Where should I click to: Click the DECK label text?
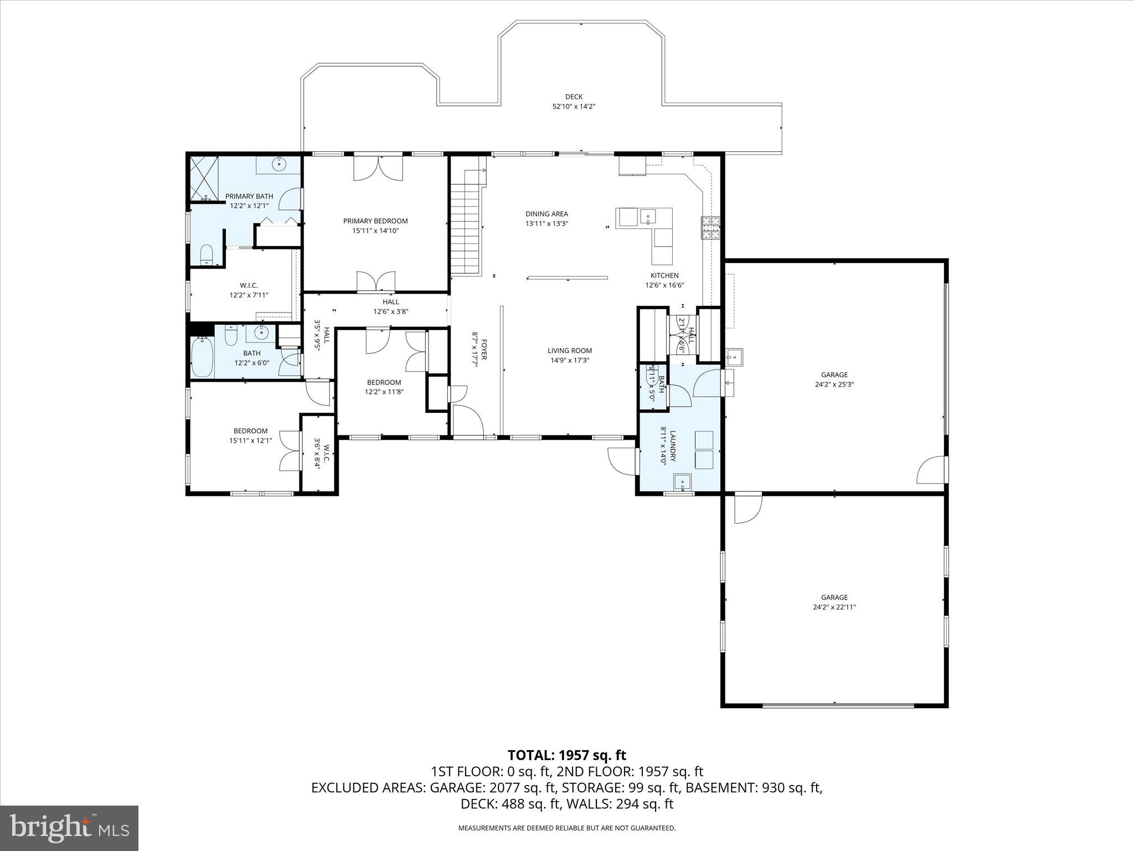click(x=574, y=97)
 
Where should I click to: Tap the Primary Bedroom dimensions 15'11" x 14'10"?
click(x=375, y=230)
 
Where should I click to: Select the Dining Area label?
click(x=547, y=214)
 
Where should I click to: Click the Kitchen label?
click(x=664, y=275)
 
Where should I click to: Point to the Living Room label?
click(x=570, y=350)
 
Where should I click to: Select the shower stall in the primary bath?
click(x=205, y=178)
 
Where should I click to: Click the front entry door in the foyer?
click(x=468, y=421)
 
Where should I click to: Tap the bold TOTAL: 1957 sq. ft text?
click(x=567, y=755)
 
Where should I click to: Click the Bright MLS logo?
click(x=69, y=828)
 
